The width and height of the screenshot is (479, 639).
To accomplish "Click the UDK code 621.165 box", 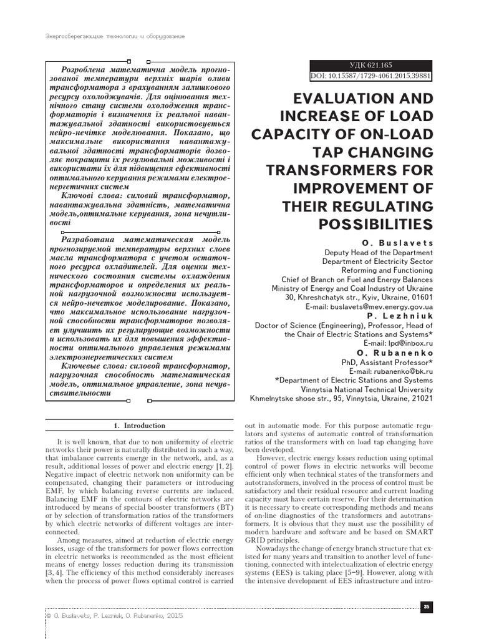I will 372,66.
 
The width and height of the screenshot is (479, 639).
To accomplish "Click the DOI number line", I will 372,76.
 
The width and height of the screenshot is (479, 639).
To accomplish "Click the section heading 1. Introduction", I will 140,426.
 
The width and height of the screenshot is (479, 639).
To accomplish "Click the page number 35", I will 427,606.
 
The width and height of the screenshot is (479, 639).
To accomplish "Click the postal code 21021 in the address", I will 421,398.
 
